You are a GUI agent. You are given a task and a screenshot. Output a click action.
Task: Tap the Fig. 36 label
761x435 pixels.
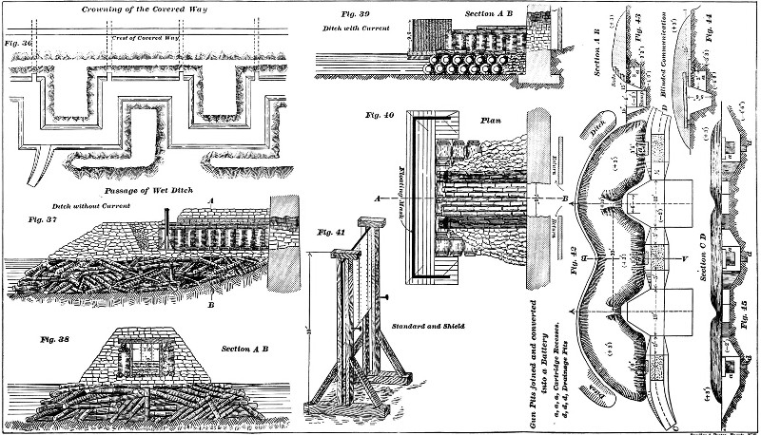click(x=19, y=43)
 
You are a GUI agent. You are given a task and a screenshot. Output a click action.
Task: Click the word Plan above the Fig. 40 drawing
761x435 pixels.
click(x=492, y=122)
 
